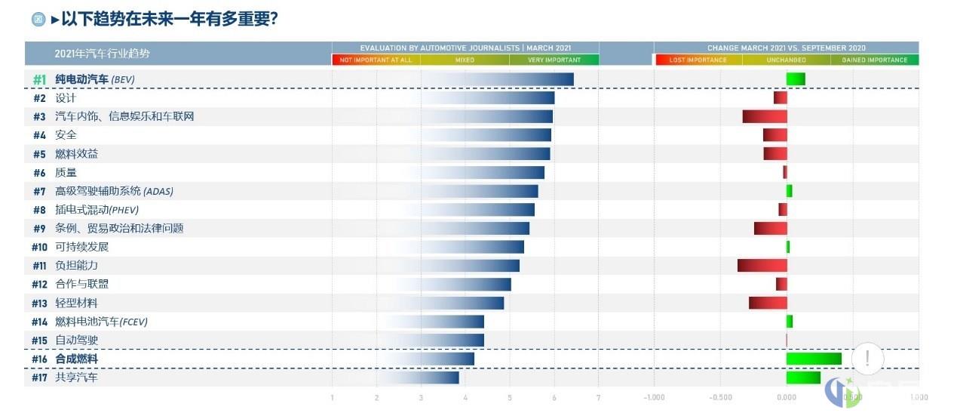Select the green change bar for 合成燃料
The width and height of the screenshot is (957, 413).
[x=814, y=359]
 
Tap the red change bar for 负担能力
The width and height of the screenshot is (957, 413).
[x=762, y=265]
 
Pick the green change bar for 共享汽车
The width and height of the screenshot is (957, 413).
[x=803, y=378]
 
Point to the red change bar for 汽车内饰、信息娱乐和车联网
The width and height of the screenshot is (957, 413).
[x=765, y=116]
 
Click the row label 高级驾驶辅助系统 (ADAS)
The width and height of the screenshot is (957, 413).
[x=114, y=191]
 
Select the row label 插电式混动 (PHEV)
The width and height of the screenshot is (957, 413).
[x=97, y=209]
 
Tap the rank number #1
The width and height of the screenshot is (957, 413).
[x=40, y=79]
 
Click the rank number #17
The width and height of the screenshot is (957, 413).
[x=40, y=378]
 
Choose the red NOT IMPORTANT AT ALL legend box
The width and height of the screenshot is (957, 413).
[x=376, y=60]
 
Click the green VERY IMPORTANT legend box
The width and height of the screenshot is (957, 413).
[x=554, y=60]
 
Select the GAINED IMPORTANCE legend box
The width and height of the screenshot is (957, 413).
[x=875, y=60]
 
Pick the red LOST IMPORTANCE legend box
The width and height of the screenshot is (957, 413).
[x=698, y=60]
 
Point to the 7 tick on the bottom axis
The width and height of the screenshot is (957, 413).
[x=598, y=398]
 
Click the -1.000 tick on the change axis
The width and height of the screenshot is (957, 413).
[x=654, y=398]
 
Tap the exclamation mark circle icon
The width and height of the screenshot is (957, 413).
[x=868, y=359]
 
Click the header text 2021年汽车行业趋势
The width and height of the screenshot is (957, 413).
[x=103, y=54]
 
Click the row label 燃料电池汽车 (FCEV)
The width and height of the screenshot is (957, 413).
[x=101, y=322]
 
